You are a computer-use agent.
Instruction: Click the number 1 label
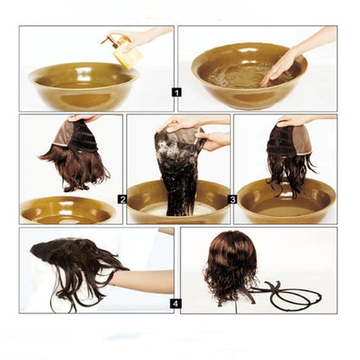point(177,91)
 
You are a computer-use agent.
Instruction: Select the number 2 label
point(123,199)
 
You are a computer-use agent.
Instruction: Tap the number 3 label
point(233,199)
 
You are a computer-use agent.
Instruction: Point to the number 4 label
point(177,303)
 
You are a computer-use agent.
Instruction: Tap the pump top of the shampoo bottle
point(110,39)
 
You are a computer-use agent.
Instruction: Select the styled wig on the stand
point(230,264)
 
